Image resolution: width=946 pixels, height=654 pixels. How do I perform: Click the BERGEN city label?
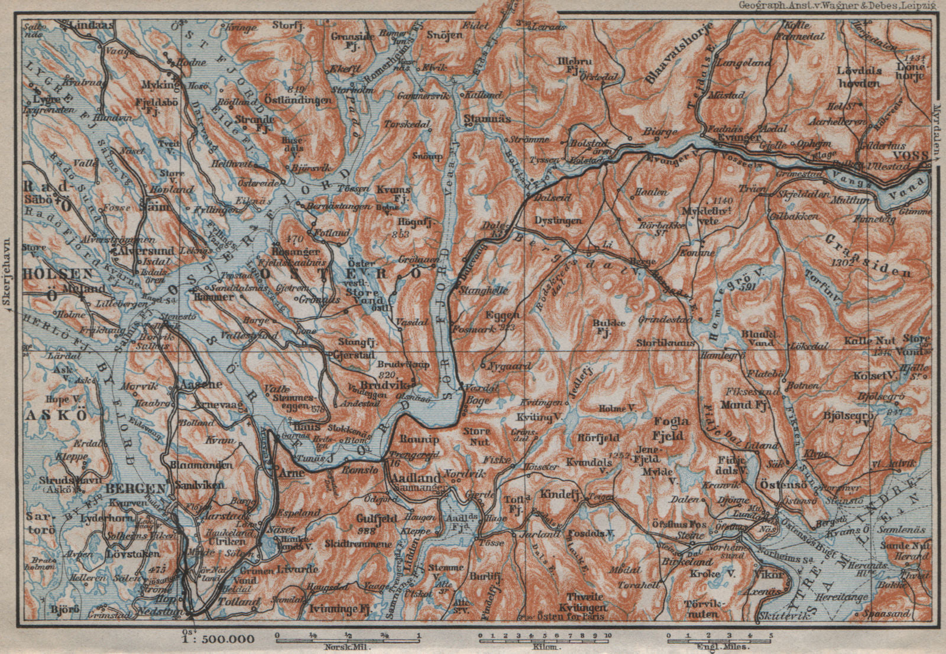click(x=135, y=489)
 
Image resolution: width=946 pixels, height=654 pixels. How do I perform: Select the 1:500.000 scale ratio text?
click(x=219, y=639)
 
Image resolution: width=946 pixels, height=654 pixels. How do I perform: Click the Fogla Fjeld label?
click(x=671, y=428)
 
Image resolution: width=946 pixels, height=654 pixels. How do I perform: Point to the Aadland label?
click(x=416, y=478)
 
